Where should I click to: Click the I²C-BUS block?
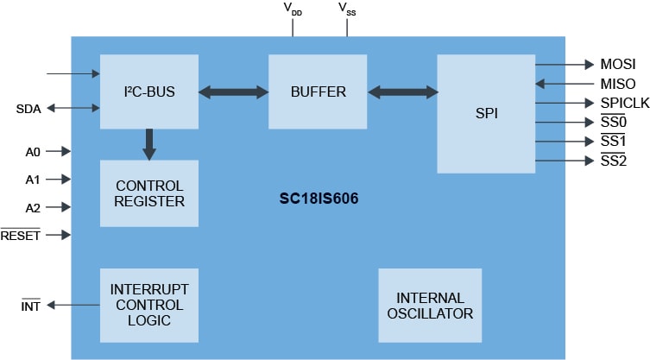(148, 91)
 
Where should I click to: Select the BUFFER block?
(318, 91)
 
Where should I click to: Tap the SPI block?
(486, 113)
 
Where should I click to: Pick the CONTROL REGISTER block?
(148, 193)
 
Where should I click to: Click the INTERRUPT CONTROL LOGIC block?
(148, 304)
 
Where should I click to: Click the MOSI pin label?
(617, 65)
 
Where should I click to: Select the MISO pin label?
(617, 85)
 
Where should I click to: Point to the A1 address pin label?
(33, 180)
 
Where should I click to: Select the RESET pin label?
(21, 235)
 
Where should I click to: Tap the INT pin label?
(31, 305)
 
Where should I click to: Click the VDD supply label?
(293, 9)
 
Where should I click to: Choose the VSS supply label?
(348, 9)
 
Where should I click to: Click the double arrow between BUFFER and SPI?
(401, 91)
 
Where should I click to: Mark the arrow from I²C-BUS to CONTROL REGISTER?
(149, 143)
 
